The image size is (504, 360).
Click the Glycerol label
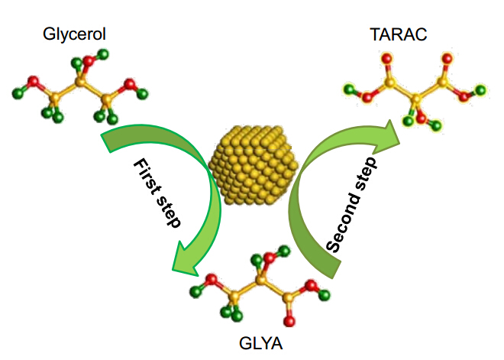[x=74, y=34]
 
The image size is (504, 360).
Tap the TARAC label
[x=399, y=34]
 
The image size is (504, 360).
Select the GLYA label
[x=260, y=343]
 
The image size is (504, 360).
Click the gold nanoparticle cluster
[x=254, y=165]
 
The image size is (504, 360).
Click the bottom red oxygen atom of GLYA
[x=289, y=321]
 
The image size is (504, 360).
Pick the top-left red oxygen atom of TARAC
[x=387, y=59]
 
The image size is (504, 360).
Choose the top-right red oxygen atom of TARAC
[x=447, y=59]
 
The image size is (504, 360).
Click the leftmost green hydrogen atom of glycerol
[x=18, y=93]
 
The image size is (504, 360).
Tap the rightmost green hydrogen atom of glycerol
[x=142, y=94]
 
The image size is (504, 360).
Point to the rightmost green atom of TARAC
[x=480, y=89]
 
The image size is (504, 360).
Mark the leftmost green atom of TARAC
[x=349, y=89]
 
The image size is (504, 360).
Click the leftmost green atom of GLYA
[x=195, y=292]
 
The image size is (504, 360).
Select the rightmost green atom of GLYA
[x=325, y=295]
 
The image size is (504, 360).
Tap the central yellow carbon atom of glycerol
[x=80, y=83]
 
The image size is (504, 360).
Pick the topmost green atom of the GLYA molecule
[x=284, y=251]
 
